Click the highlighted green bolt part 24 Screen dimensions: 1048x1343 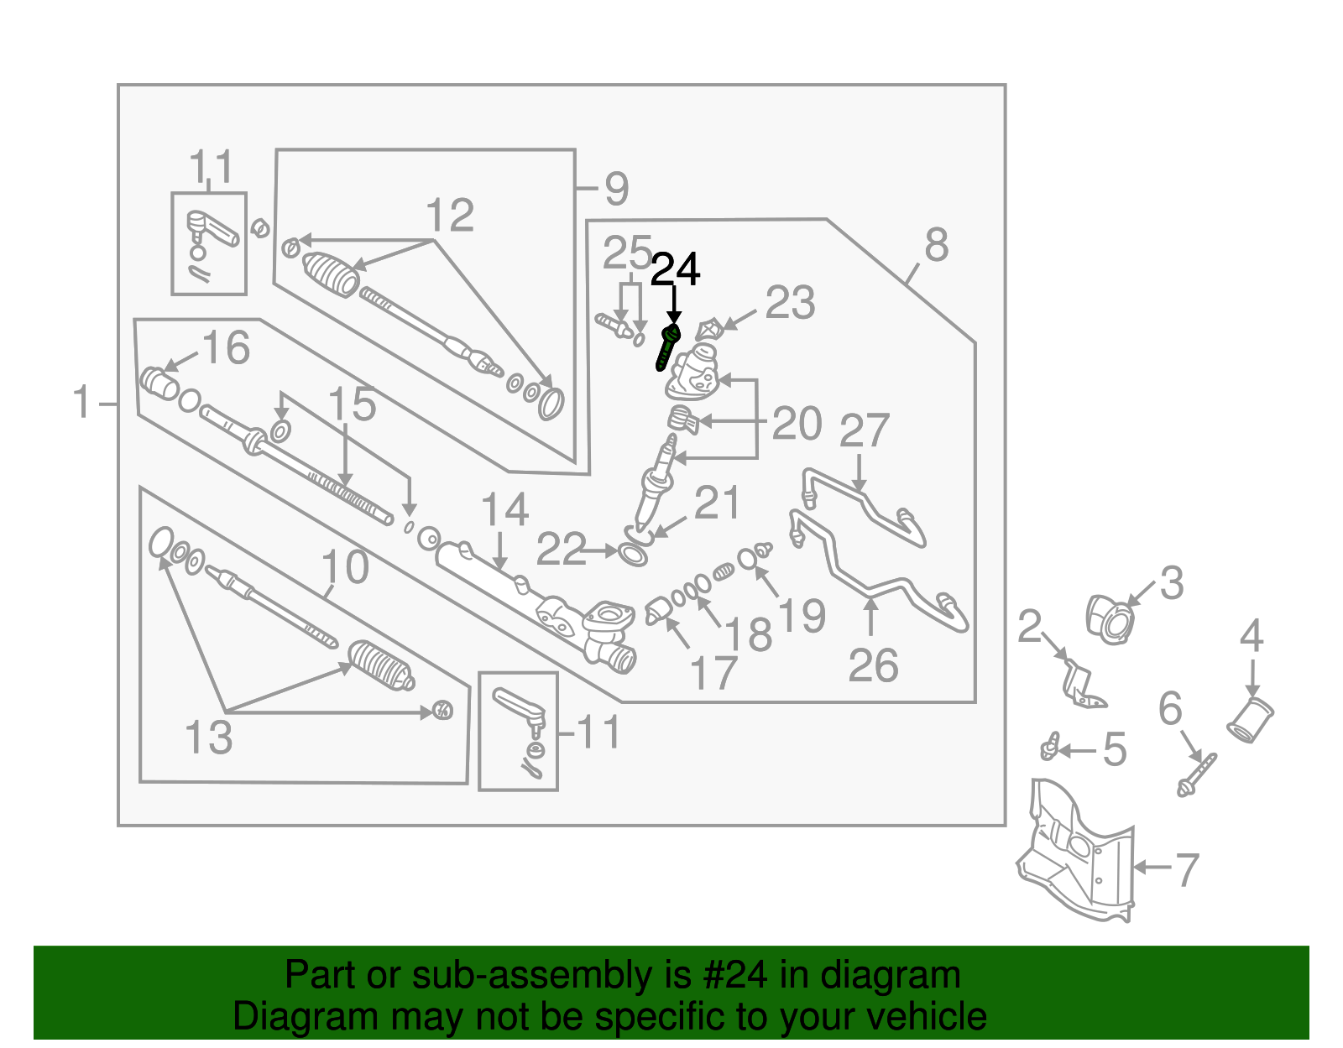pyautogui.click(x=666, y=347)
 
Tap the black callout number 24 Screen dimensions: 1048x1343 pyautogui.click(x=675, y=270)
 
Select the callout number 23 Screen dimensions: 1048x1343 pyautogui.click(x=790, y=304)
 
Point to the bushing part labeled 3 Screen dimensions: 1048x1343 pyautogui.click(x=1110, y=619)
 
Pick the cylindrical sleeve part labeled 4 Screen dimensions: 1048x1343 pyautogui.click(x=1251, y=720)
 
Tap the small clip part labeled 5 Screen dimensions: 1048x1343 pyautogui.click(x=1048, y=746)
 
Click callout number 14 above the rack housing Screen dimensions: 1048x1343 pyautogui.click(x=504, y=510)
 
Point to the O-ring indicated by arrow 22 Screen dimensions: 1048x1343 pyautogui.click(x=633, y=555)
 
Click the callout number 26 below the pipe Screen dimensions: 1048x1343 pyautogui.click(x=873, y=666)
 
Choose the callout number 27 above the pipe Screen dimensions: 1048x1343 pyautogui.click(x=864, y=431)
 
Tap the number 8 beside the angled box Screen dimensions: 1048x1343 pyautogui.click(x=936, y=246)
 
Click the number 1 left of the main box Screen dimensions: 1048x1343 pyautogui.click(x=81, y=403)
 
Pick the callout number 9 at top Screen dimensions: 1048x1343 pyautogui.click(x=616, y=190)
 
